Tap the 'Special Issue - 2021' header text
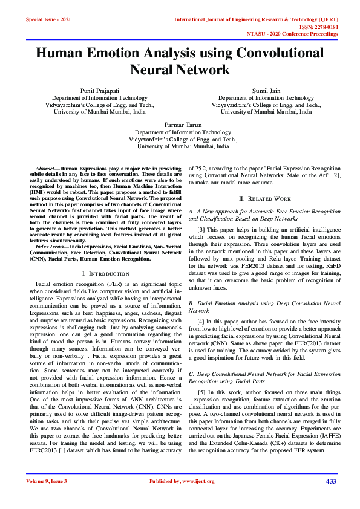pos(48,20)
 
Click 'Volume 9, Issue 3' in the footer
pos(47,481)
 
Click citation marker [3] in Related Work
pos(202,230)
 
